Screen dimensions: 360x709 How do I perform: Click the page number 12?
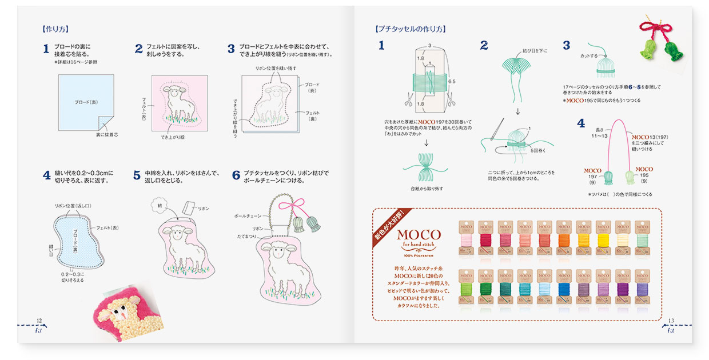pos(39,321)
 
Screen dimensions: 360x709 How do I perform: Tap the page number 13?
pos(671,321)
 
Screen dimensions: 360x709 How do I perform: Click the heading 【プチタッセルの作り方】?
pos(410,29)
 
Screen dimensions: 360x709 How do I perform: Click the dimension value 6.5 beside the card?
pos(452,82)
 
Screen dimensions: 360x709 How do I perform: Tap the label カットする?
pos(589,56)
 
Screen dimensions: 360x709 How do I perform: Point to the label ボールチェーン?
pos(248,217)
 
